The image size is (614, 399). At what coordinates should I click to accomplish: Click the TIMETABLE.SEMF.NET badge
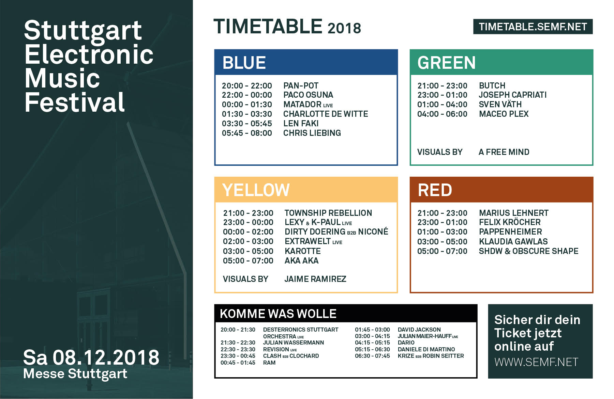tap(533, 27)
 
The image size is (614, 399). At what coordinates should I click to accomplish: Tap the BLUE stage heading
tap(244, 63)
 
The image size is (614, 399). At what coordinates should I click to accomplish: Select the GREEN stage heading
tap(446, 63)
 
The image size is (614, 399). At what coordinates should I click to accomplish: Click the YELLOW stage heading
tap(256, 190)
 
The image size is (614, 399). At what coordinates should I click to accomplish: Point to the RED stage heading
tap(435, 190)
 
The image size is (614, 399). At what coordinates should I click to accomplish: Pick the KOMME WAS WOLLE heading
tap(278, 314)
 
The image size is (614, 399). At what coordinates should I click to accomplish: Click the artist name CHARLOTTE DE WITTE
tap(326, 114)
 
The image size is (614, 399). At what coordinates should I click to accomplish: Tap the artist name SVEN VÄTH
tap(500, 104)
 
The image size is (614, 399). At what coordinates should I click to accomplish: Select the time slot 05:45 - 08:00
tap(247, 133)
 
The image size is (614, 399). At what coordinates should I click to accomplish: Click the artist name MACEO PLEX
tap(504, 114)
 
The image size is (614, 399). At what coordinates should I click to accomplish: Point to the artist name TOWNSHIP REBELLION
tap(328, 213)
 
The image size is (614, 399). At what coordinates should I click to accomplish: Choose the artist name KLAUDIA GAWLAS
tap(513, 242)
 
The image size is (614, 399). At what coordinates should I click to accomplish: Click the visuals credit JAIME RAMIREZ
tap(315, 279)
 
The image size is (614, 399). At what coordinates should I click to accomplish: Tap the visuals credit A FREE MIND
tap(504, 152)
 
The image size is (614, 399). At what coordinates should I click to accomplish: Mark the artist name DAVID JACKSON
tap(419, 330)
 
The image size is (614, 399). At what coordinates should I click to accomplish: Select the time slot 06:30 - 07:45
tap(372, 356)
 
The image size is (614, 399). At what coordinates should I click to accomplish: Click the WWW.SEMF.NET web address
tap(536, 362)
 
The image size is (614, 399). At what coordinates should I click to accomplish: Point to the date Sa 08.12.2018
tap(91, 357)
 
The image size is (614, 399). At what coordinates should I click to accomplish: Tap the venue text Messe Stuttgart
tap(75, 374)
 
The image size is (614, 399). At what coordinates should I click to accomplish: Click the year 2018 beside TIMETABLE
tap(344, 28)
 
